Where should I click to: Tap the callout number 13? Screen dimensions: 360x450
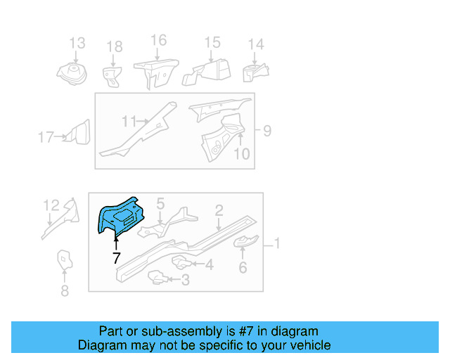[x=77, y=43]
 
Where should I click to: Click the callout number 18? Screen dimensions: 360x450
[x=114, y=47]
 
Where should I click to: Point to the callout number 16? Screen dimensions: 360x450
[x=158, y=39]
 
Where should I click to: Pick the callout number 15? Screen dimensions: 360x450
[x=212, y=43]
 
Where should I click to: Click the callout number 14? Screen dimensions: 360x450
[x=255, y=44]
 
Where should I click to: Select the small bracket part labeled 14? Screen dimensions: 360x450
[x=255, y=72]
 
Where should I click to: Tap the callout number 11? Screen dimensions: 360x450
[x=128, y=122]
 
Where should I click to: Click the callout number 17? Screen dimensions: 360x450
[x=46, y=137]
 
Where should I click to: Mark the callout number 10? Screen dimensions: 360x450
[x=241, y=153]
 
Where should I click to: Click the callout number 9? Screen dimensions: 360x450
[x=266, y=130]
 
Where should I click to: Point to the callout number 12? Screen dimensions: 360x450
[x=51, y=205]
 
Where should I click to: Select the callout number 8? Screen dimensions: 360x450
[x=64, y=290]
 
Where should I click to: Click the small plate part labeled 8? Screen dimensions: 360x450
[x=64, y=260]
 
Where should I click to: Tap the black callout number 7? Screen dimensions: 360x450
[x=116, y=258]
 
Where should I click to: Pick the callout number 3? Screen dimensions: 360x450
[x=185, y=281]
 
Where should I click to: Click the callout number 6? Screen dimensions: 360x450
[x=243, y=267]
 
